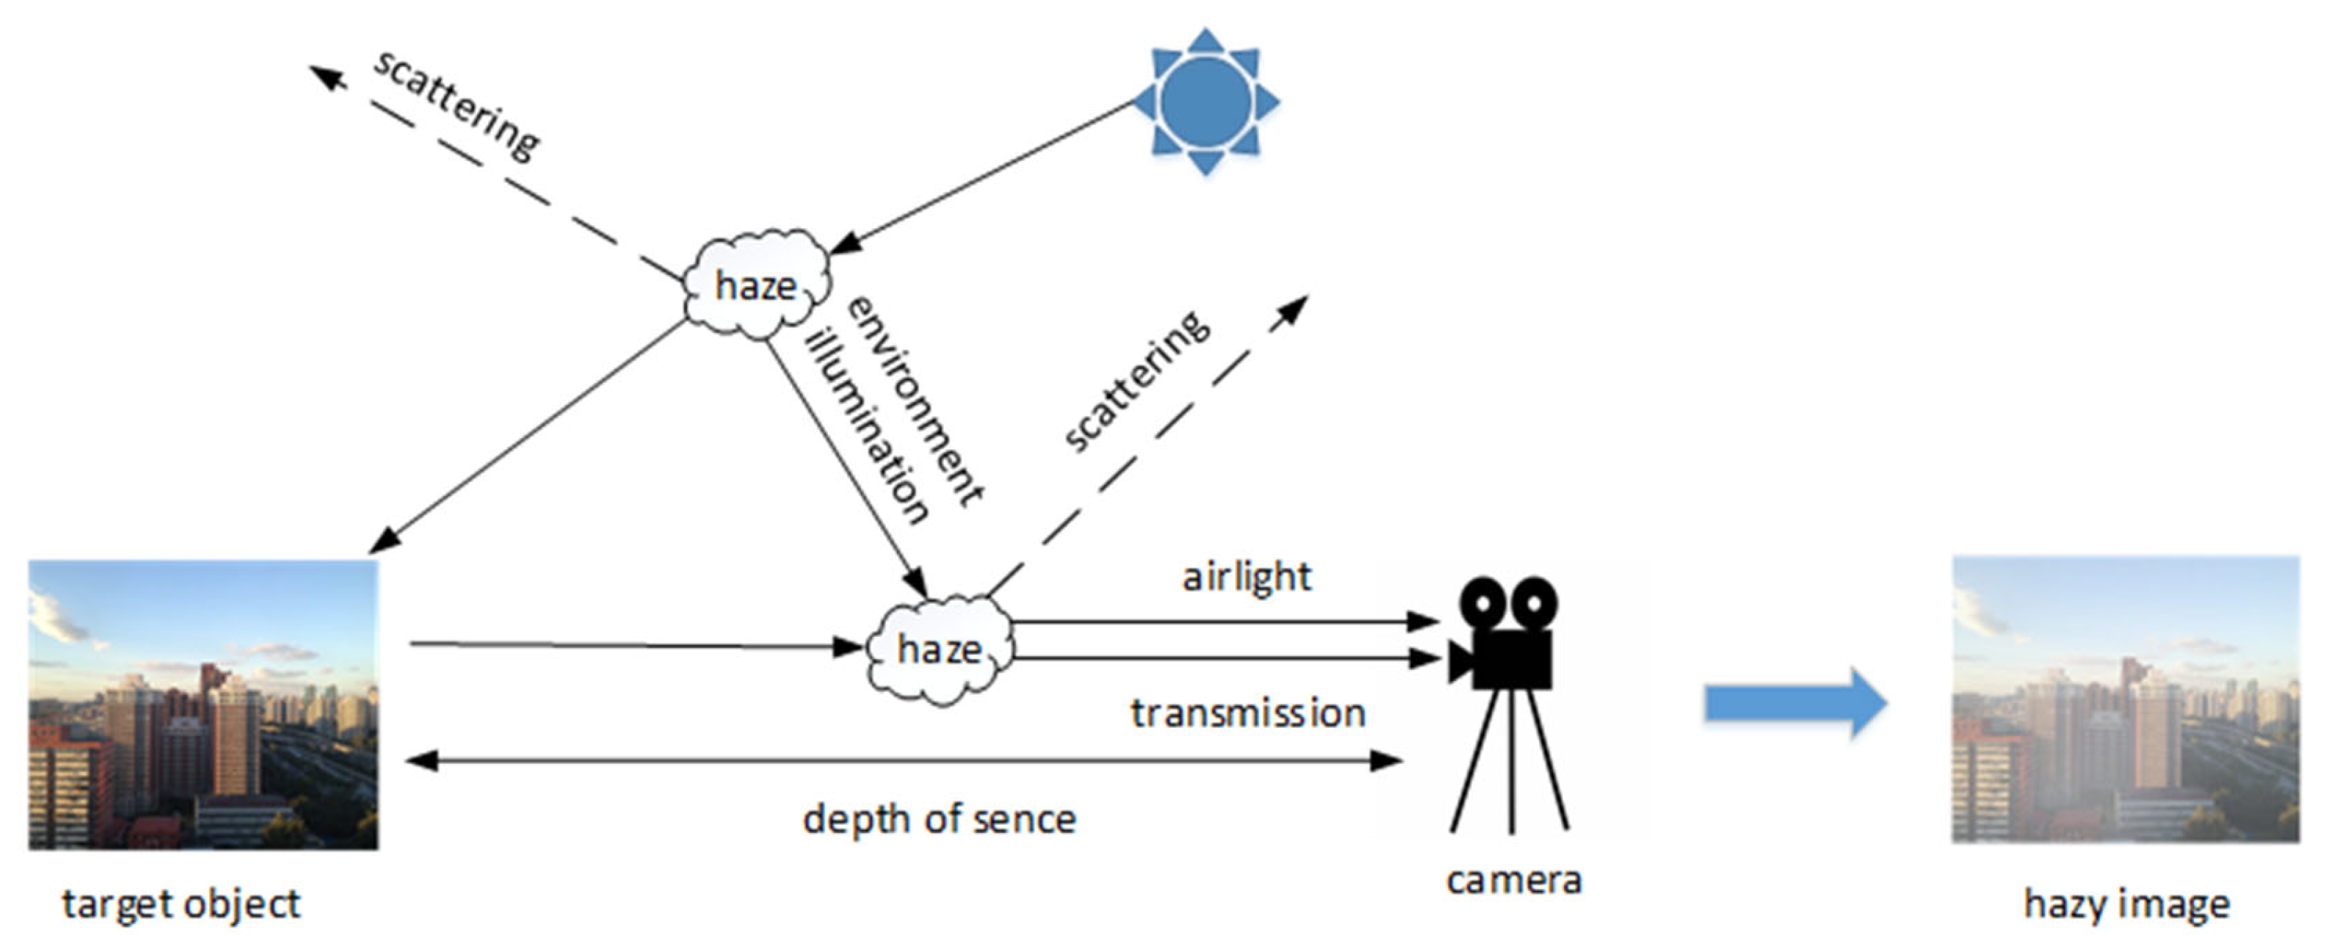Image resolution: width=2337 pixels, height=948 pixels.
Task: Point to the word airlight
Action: [1246, 577]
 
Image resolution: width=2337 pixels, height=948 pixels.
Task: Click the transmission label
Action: [1248, 713]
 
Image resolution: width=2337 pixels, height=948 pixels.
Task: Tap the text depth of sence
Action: [939, 819]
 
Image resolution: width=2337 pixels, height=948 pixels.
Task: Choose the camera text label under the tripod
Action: [1513, 880]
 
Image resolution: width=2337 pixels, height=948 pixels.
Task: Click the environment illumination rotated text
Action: [893, 408]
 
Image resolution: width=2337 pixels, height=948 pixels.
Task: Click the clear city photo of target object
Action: [203, 705]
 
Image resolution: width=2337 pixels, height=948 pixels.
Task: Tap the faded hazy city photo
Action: [2126, 699]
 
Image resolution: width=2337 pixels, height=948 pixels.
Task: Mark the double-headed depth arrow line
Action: [903, 760]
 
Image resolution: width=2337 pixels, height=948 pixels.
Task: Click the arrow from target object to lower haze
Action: [635, 646]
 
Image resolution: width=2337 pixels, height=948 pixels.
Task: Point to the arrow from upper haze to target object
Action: [531, 435]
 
